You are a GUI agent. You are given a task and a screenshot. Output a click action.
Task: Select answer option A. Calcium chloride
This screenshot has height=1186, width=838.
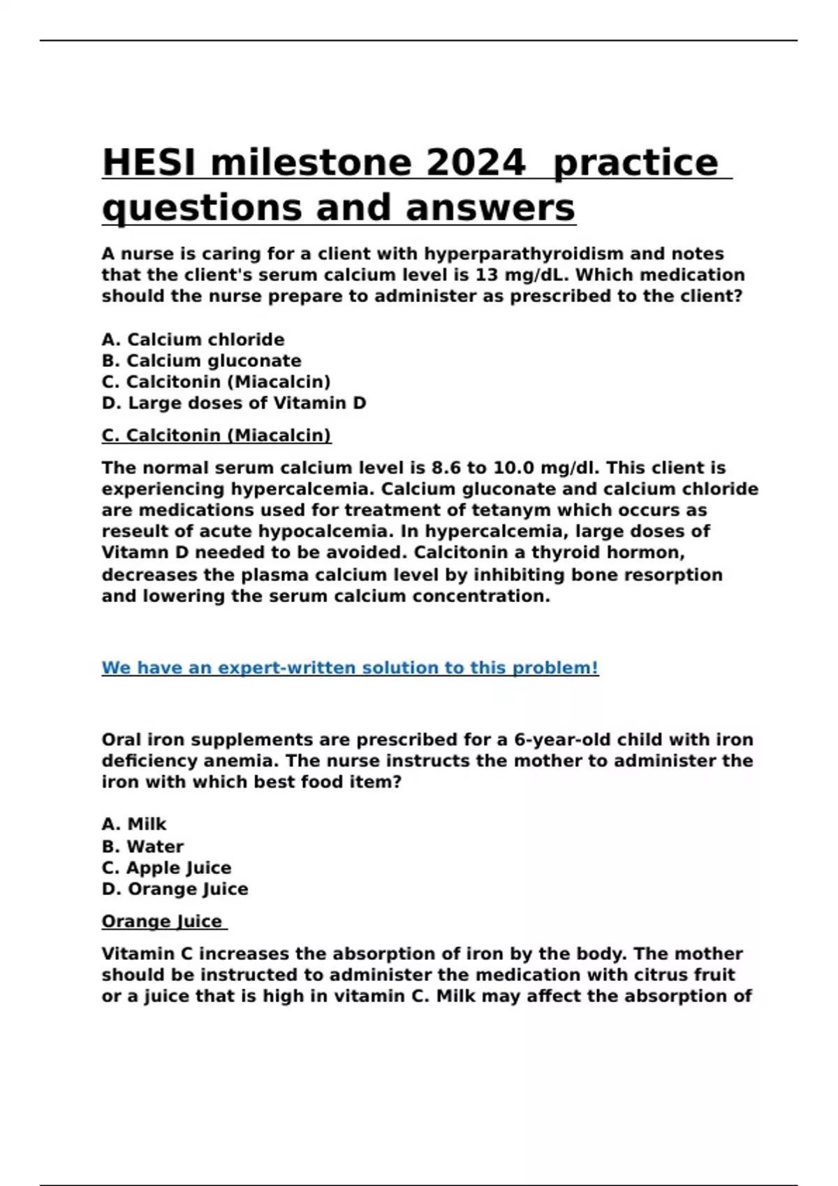click(x=193, y=340)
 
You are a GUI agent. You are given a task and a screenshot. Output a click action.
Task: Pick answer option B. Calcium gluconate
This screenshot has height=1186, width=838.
click(x=201, y=361)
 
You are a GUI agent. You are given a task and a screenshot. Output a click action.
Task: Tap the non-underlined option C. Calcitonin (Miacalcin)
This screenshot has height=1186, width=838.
click(x=216, y=382)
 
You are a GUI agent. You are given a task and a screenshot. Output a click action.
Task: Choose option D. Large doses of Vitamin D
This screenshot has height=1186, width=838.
click(x=233, y=403)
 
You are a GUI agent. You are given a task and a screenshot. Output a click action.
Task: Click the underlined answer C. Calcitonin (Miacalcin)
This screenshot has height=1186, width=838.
click(x=216, y=435)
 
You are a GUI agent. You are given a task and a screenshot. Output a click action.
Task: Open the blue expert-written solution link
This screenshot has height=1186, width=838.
click(x=350, y=668)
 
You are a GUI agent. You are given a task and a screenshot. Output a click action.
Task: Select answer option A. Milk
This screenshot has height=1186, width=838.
click(x=134, y=824)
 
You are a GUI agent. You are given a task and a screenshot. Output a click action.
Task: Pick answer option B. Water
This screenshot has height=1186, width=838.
click(x=142, y=846)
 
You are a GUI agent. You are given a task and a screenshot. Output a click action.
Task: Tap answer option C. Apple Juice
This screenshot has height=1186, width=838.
click(x=166, y=868)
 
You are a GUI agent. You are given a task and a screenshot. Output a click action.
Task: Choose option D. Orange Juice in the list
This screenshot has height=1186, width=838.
click(x=175, y=889)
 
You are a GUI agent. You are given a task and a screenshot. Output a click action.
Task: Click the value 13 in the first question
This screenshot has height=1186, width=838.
click(x=487, y=275)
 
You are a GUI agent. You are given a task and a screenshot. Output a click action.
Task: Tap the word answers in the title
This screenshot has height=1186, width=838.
click(x=490, y=208)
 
